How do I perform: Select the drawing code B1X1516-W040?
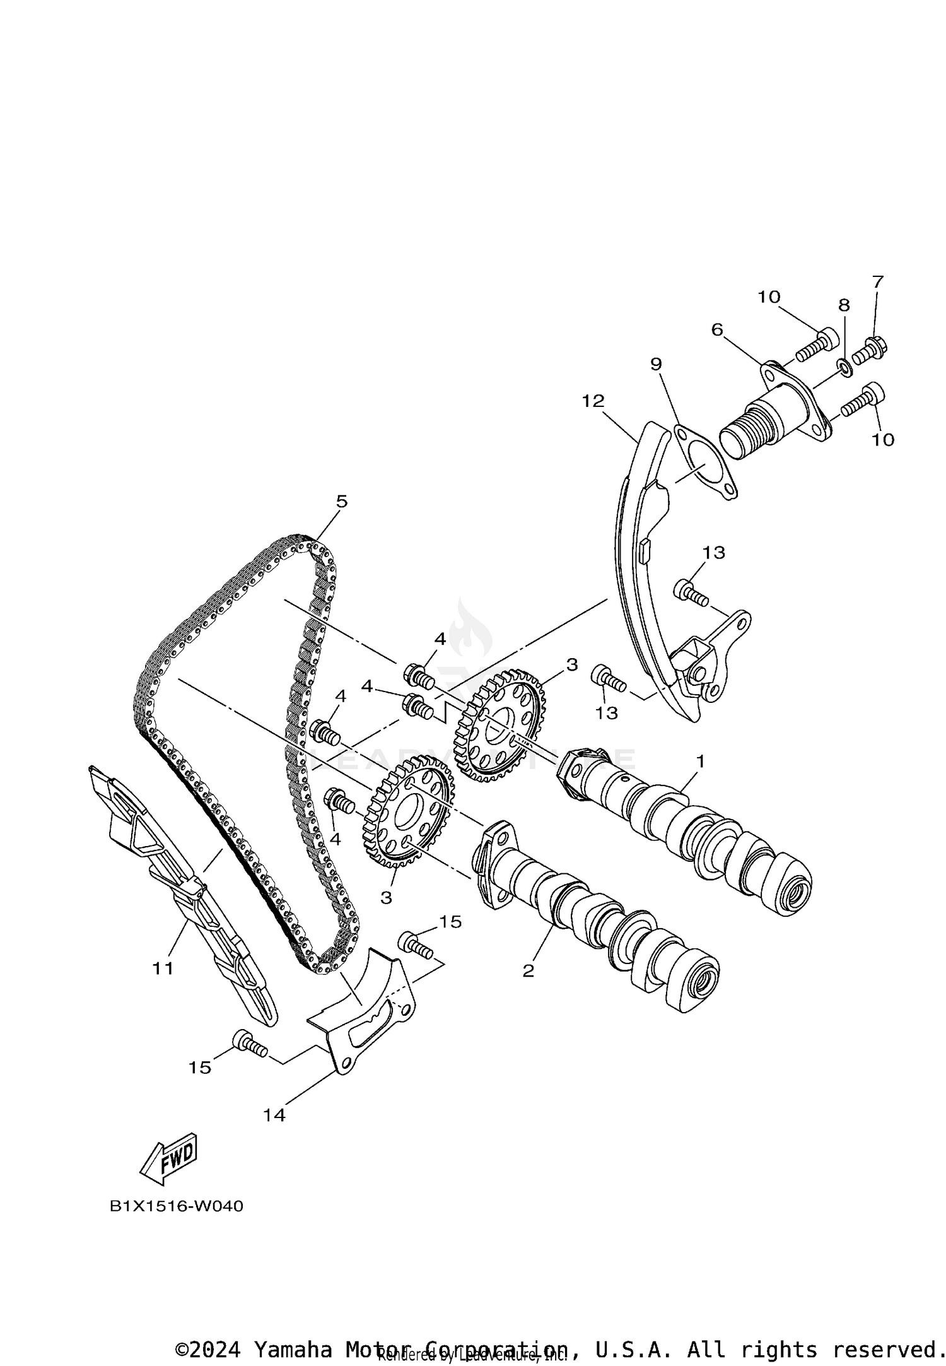(x=177, y=1206)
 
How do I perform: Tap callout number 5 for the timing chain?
(x=341, y=502)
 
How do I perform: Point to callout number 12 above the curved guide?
(x=593, y=401)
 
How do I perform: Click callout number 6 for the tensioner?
(x=717, y=330)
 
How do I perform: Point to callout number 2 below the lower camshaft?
(x=528, y=971)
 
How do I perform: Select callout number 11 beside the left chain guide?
(x=163, y=967)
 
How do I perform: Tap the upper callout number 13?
(x=714, y=553)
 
